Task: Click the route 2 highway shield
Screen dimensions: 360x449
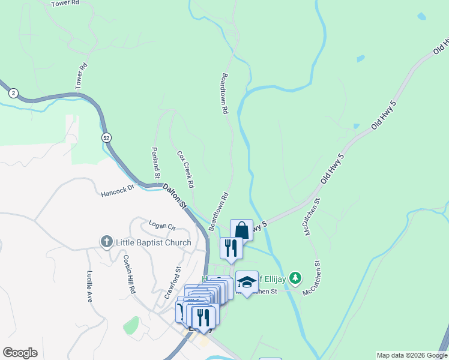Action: tap(13, 93)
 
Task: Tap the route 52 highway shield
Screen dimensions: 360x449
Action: tap(106, 137)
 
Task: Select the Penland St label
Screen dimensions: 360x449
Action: tap(155, 163)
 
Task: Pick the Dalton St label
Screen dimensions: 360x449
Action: tap(175, 196)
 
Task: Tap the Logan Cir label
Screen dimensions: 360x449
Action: tap(161, 226)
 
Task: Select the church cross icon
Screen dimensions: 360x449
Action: tap(107, 242)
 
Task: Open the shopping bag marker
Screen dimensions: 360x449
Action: tap(241, 230)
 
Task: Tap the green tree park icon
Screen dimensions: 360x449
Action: tap(295, 278)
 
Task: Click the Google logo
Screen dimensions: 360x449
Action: tap(20, 353)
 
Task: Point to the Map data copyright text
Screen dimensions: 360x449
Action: tap(412, 355)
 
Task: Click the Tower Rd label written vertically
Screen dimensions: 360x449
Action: tap(82, 77)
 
